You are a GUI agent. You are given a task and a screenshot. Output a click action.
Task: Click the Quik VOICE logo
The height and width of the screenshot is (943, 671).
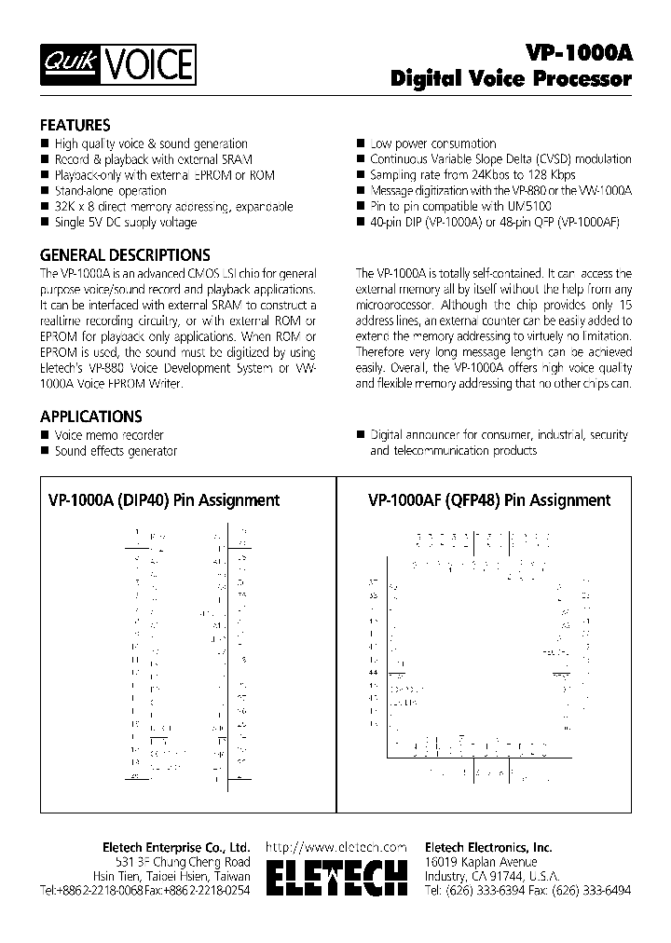click(117, 65)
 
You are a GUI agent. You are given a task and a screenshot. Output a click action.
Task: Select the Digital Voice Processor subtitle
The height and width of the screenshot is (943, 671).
click(511, 80)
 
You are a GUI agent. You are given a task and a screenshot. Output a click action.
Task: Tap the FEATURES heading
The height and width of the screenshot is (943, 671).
click(75, 125)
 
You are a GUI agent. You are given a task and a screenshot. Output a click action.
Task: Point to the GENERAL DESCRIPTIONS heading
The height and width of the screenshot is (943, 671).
click(124, 254)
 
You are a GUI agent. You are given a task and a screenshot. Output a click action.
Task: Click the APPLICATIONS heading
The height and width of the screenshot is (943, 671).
click(90, 417)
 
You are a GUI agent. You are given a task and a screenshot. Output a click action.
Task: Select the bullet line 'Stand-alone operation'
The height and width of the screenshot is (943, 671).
click(110, 190)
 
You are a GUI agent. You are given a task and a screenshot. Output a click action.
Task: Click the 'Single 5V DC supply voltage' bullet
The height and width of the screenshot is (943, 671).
click(125, 222)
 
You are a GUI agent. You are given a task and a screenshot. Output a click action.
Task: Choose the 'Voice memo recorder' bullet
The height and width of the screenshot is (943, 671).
click(108, 435)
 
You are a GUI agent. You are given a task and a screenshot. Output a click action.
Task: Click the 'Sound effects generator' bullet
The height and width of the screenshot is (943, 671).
click(115, 451)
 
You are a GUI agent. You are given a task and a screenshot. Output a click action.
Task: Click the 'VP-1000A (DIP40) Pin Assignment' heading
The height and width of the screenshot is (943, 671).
click(163, 500)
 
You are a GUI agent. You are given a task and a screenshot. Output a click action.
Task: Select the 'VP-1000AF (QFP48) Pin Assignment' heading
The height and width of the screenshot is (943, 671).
click(489, 500)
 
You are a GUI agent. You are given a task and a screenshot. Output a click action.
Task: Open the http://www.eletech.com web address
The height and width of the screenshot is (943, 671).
click(336, 847)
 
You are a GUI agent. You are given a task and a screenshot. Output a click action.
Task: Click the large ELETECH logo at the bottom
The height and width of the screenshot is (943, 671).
click(336, 881)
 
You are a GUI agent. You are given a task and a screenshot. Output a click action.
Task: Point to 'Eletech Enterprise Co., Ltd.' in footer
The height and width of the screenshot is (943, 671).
click(176, 847)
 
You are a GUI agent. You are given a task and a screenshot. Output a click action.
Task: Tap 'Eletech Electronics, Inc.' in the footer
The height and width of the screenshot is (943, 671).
click(487, 847)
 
